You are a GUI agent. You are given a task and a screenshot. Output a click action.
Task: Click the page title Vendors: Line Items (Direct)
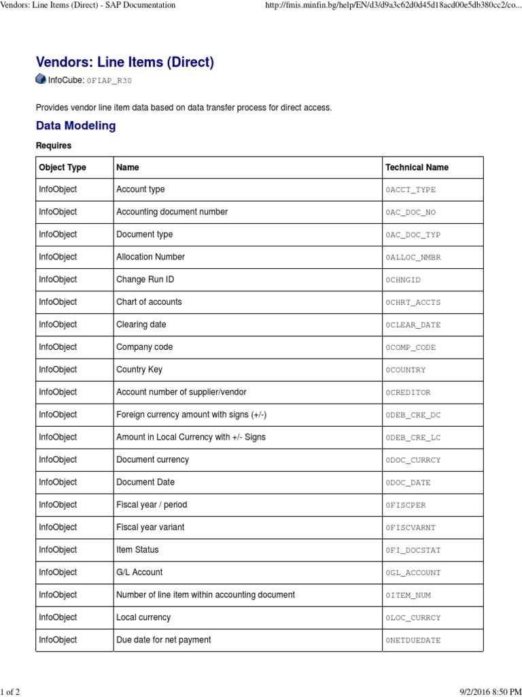tap(124, 62)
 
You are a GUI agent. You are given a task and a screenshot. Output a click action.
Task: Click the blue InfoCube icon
tap(41, 80)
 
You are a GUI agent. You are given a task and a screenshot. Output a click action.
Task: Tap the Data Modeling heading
tap(75, 125)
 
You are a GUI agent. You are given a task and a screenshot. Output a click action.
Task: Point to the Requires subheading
tap(53, 146)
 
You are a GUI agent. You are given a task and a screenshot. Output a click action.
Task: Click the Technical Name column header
tap(417, 167)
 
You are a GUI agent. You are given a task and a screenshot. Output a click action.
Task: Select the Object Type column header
tap(63, 167)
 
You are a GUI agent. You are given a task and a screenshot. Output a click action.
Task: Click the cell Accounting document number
tap(172, 212)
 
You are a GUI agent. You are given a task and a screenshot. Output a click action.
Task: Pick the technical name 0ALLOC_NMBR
tap(413, 257)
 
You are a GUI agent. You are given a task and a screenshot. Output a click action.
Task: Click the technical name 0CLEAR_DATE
tap(413, 325)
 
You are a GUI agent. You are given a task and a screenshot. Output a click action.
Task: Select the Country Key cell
tap(139, 370)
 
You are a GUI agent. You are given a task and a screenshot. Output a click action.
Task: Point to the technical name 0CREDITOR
tap(408, 392)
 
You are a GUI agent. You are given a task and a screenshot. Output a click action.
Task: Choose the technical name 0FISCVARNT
tap(410, 527)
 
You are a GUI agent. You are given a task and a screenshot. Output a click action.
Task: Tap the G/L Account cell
tap(139, 572)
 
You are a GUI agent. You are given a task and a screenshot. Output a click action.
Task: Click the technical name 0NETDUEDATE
tap(413, 640)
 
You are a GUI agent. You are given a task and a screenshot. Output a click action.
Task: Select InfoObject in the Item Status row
tap(58, 549)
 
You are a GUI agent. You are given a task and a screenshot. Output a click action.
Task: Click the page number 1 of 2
tap(10, 692)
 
